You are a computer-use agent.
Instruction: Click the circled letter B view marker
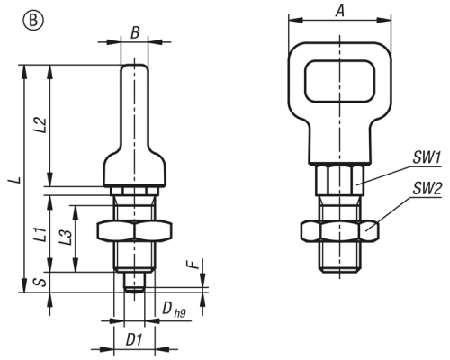click(x=33, y=21)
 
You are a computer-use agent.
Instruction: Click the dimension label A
click(x=340, y=11)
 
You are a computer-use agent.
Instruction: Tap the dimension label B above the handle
click(x=135, y=32)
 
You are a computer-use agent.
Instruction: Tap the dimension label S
click(x=42, y=282)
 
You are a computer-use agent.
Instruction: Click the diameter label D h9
click(x=175, y=309)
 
